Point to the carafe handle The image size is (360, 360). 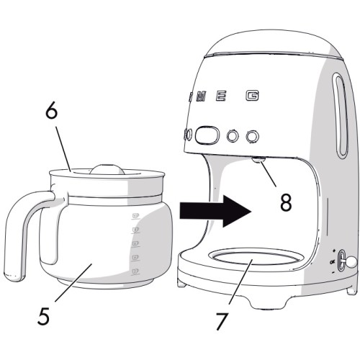coord(22,230)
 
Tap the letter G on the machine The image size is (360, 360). coord(251,96)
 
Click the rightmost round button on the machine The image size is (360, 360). coord(251,135)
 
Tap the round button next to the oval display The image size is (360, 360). coord(233,135)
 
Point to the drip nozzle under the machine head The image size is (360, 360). coord(257,160)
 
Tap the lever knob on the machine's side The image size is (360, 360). coord(351,264)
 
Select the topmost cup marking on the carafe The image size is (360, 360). coord(135,215)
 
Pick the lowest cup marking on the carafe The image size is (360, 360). coord(135,270)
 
